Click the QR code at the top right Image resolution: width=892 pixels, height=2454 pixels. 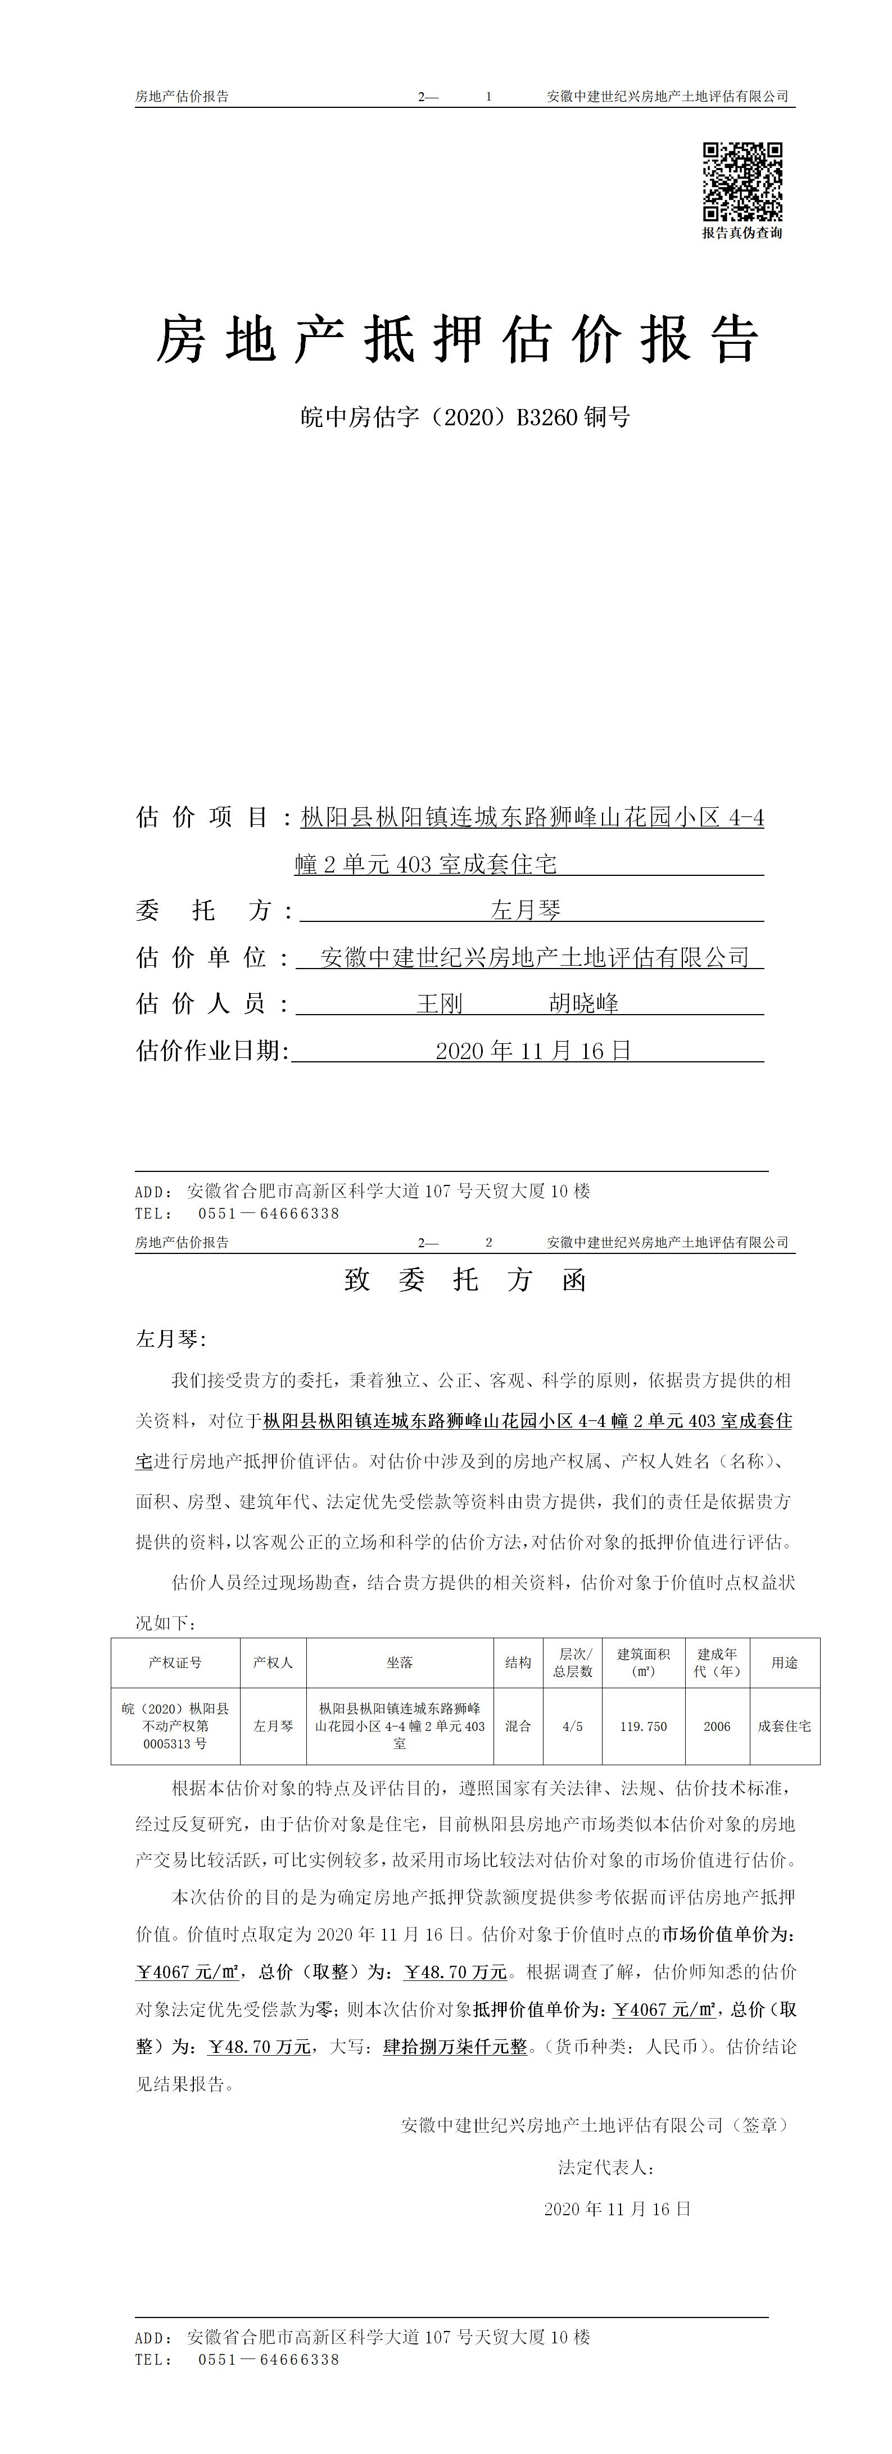point(742,181)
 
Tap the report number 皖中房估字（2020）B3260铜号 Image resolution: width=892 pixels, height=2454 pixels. point(465,416)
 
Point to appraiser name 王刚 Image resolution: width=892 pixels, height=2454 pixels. point(440,1003)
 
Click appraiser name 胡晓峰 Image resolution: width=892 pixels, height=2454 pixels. point(583,1003)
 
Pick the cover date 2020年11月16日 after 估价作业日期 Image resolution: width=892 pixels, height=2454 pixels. point(533,1051)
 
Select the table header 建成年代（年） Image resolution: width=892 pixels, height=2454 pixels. point(717,1662)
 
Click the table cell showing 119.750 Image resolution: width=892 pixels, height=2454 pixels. point(643,1726)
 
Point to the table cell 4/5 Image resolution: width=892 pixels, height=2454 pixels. point(573,1726)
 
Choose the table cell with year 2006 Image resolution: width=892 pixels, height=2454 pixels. point(717,1726)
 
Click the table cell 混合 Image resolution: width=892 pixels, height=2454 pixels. point(518,1726)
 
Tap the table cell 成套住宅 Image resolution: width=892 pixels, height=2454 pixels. point(784,1726)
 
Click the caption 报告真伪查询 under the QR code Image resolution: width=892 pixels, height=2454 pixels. point(742,233)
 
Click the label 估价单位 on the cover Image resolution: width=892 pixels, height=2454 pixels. point(201,957)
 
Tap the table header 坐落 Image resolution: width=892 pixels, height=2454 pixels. point(399,1662)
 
